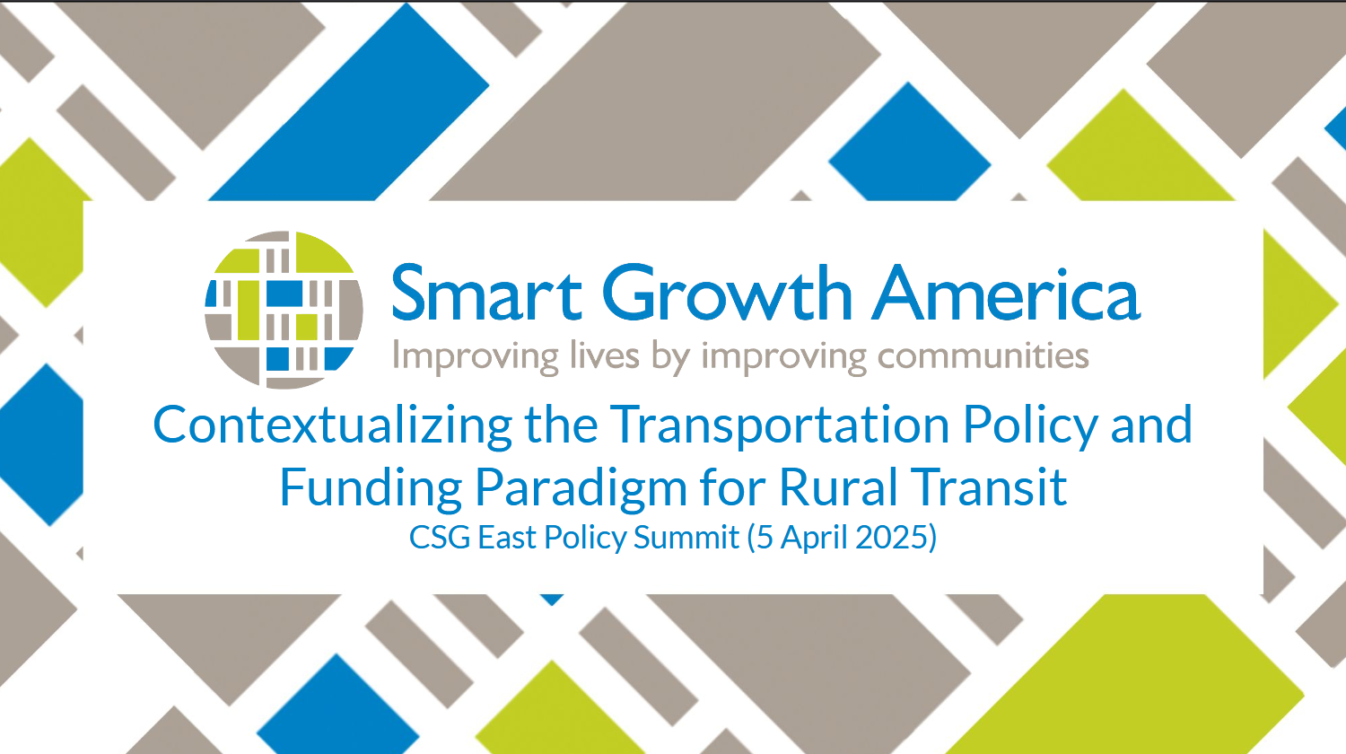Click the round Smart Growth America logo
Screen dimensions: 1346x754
click(x=284, y=310)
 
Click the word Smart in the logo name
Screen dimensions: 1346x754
click(x=486, y=294)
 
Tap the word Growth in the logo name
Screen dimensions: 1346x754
click(x=728, y=293)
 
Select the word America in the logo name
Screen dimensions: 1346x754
click(x=1006, y=294)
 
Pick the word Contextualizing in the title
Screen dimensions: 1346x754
click(x=333, y=425)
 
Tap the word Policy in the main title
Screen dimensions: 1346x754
click(x=1030, y=425)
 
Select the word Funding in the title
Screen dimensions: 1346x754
click(x=371, y=487)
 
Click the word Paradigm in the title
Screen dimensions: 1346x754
click(x=581, y=487)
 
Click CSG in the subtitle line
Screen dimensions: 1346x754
click(x=440, y=537)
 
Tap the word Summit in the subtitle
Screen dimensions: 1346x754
click(x=686, y=537)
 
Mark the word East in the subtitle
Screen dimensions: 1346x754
click(x=508, y=537)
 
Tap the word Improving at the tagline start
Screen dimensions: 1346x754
click(x=476, y=356)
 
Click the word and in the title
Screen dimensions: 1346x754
click(x=1151, y=424)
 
